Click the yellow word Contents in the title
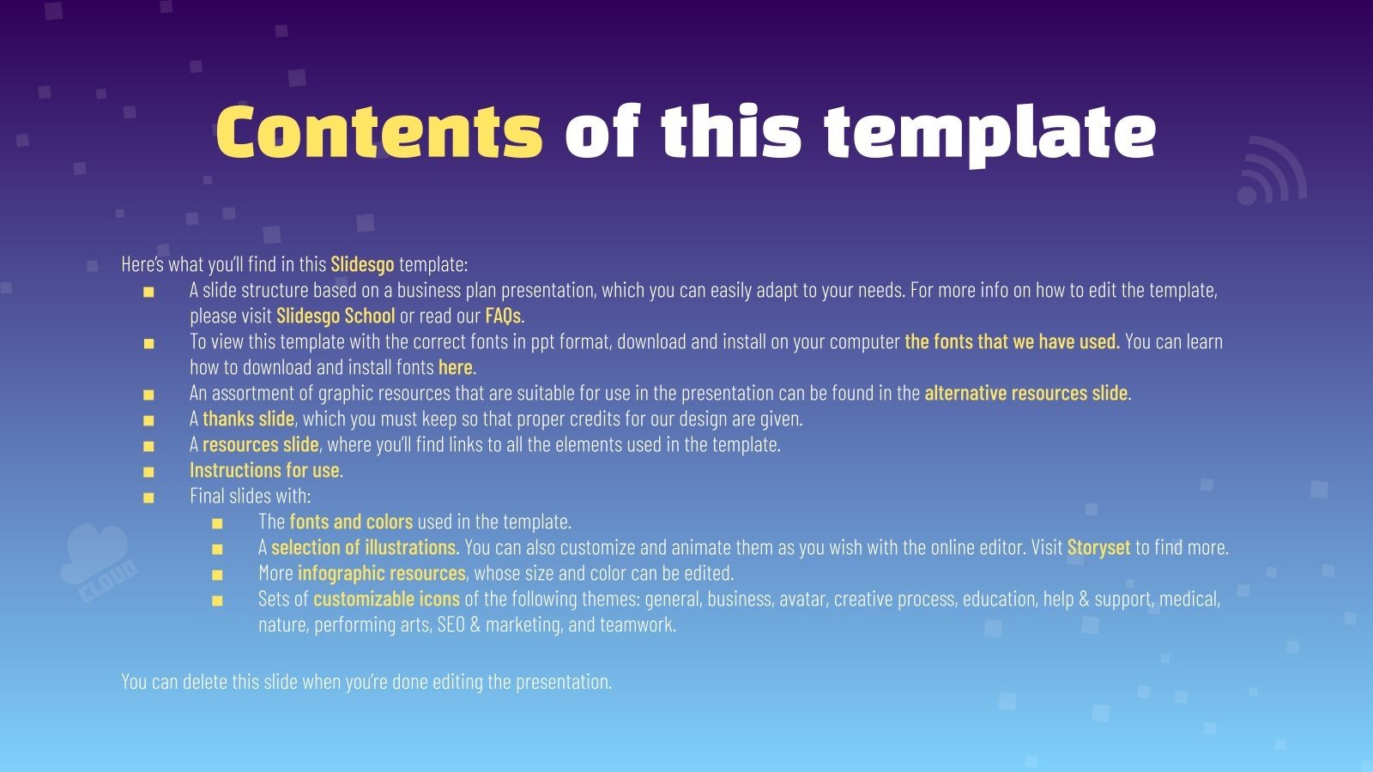tap(378, 133)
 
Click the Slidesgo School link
tap(336, 316)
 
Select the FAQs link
tap(503, 316)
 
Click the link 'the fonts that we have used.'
tap(1012, 341)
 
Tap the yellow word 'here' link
tap(455, 367)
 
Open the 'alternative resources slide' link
tap(1025, 393)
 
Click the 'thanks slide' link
tap(248, 419)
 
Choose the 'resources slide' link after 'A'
tap(260, 444)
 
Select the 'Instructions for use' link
tap(264, 470)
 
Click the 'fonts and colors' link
tap(351, 522)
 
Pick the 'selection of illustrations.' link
tap(365, 547)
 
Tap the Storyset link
tap(1098, 547)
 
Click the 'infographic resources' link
tap(381, 573)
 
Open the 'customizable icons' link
tap(386, 599)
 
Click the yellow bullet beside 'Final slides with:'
tap(148, 497)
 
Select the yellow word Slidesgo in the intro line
tap(362, 264)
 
